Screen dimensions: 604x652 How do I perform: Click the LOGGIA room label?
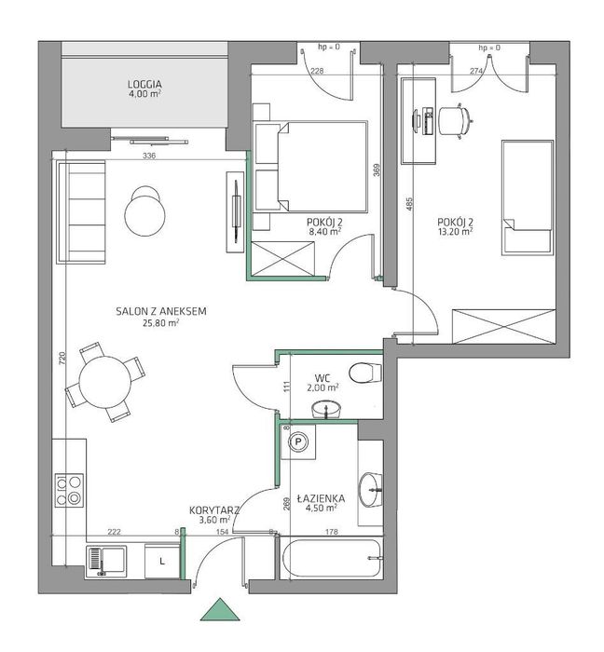144,85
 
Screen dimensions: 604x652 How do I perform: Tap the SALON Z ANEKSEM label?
161,311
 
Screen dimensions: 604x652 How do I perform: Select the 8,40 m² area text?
325,232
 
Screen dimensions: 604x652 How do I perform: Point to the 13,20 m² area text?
455,232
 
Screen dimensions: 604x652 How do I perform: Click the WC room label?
323,378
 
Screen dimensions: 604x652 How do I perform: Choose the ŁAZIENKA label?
321,498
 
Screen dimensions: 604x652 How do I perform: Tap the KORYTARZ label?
214,510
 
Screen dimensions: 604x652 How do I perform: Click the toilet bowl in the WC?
364,373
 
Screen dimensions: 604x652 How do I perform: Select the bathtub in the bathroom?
332,559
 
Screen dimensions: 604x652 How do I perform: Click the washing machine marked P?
298,441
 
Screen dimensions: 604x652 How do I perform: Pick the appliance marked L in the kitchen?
162,561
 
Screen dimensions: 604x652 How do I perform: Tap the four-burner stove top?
69,490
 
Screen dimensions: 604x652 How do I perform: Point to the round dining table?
105,382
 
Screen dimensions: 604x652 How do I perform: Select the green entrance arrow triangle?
220,609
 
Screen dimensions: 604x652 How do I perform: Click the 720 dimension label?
62,359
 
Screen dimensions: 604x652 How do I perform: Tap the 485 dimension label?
409,204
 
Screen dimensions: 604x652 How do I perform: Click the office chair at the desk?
456,120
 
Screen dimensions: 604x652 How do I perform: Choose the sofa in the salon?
81,212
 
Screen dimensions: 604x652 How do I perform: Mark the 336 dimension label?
149,156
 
